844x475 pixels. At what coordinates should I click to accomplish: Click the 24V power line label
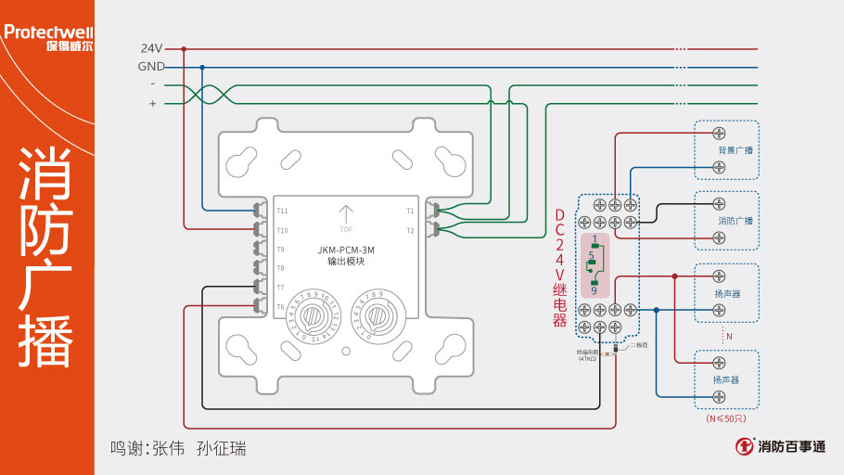pos(151,47)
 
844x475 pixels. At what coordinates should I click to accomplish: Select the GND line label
pos(151,67)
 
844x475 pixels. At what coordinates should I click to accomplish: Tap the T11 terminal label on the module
pos(282,211)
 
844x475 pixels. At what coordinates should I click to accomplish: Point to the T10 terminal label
pos(282,230)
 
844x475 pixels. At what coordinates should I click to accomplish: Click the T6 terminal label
pos(280,306)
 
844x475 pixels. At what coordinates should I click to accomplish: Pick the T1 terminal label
pos(410,211)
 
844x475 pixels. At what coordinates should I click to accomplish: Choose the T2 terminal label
pos(410,230)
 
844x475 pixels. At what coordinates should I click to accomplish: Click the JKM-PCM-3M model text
pos(345,250)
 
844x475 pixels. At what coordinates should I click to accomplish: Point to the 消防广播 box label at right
pos(735,221)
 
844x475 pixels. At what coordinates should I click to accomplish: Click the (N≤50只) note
pos(726,418)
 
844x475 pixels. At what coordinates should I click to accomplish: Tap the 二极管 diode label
pos(639,344)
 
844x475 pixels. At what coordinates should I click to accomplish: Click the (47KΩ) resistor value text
pos(587,359)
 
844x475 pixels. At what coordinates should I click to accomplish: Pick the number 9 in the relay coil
pos(594,290)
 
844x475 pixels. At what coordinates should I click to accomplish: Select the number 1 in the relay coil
pos(594,239)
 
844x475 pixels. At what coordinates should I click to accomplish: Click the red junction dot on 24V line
pos(184,48)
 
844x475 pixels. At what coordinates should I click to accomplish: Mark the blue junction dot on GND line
pos(202,67)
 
